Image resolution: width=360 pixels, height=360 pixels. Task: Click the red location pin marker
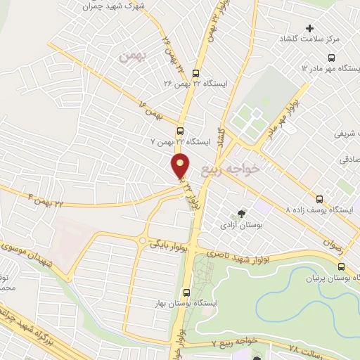[x=181, y=167]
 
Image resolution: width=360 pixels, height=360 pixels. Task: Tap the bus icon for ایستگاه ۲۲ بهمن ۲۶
[x=195, y=72]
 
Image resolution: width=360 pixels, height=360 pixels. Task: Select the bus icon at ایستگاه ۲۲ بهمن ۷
[x=181, y=131]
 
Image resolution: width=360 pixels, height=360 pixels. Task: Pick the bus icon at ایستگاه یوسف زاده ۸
[x=321, y=199]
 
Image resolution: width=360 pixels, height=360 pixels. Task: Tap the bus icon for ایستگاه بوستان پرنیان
[x=341, y=267]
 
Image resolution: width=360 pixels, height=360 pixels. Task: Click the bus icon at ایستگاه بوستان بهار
[x=187, y=292]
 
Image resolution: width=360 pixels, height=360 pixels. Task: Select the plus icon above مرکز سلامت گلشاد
[x=309, y=28]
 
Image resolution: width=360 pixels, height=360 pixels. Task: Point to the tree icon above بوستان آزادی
[x=243, y=212]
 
